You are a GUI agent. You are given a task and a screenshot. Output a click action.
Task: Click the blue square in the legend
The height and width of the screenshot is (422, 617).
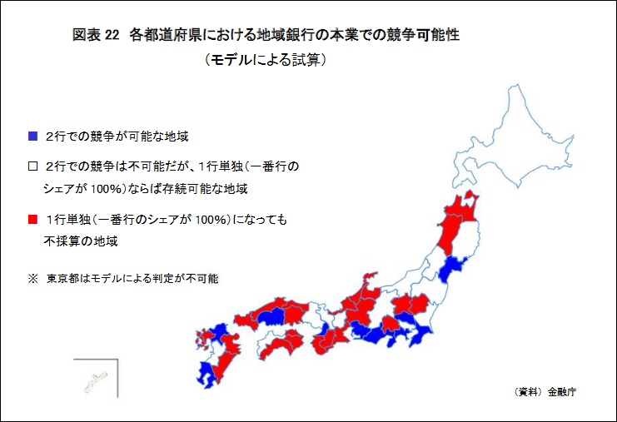32,136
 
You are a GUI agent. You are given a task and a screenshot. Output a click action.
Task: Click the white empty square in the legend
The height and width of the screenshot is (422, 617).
32,166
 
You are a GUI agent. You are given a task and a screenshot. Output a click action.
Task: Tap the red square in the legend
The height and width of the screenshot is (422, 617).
32,219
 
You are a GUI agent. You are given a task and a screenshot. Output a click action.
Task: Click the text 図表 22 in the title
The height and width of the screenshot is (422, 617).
96,35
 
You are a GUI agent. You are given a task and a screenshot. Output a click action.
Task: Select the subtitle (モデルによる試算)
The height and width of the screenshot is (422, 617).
266,60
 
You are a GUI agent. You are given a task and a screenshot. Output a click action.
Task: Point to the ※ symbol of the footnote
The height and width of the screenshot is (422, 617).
32,279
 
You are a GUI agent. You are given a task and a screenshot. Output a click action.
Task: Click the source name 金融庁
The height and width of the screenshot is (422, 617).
561,392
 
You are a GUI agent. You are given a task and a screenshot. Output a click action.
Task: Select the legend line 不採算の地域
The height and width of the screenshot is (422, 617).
81,241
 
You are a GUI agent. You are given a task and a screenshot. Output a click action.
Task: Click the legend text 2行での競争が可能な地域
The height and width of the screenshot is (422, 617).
117,136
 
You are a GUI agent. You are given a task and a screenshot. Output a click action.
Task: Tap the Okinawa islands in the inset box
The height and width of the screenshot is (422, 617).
96,380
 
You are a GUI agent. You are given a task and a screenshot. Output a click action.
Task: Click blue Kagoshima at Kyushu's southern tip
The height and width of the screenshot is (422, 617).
206,375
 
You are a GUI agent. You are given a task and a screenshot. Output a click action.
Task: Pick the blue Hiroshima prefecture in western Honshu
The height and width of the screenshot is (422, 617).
271,317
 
